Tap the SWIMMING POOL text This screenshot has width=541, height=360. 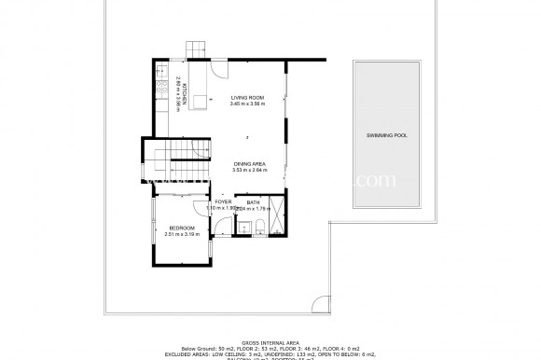click(x=387, y=136)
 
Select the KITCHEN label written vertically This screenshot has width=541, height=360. click(x=185, y=91)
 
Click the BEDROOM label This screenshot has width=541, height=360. click(x=182, y=228)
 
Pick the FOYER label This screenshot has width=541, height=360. click(x=223, y=201)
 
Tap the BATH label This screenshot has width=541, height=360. click(x=254, y=201)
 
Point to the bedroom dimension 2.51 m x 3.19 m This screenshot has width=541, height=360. click(x=182, y=235)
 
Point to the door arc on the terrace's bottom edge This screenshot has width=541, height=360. click(x=319, y=301)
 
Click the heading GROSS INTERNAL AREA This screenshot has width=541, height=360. click(x=270, y=342)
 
